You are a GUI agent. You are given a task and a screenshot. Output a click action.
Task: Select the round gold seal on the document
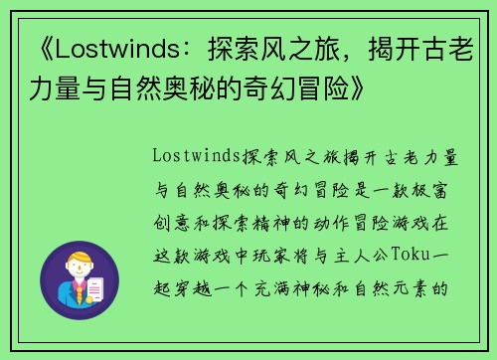[x=99, y=296]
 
